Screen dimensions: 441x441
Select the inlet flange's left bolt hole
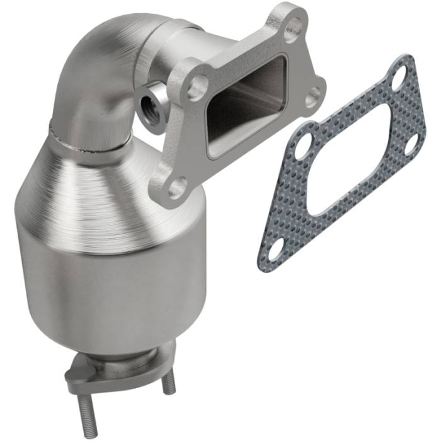pos(197,86)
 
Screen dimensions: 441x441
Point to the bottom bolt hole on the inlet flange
pos(178,186)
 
